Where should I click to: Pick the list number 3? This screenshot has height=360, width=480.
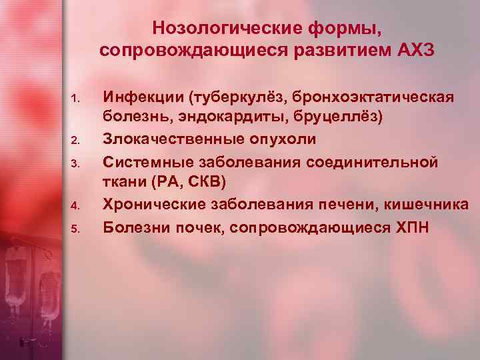tap(75, 163)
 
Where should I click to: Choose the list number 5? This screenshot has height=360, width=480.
tap(75, 228)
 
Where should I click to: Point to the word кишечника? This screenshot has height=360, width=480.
tap(431, 205)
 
